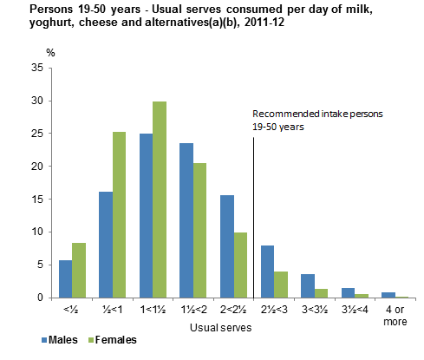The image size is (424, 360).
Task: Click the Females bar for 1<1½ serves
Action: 160,200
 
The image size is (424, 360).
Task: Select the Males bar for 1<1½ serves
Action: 147,216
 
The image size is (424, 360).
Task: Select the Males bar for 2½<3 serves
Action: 269,272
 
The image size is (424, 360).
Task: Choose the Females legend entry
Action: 112,341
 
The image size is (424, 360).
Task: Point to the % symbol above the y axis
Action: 50,53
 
